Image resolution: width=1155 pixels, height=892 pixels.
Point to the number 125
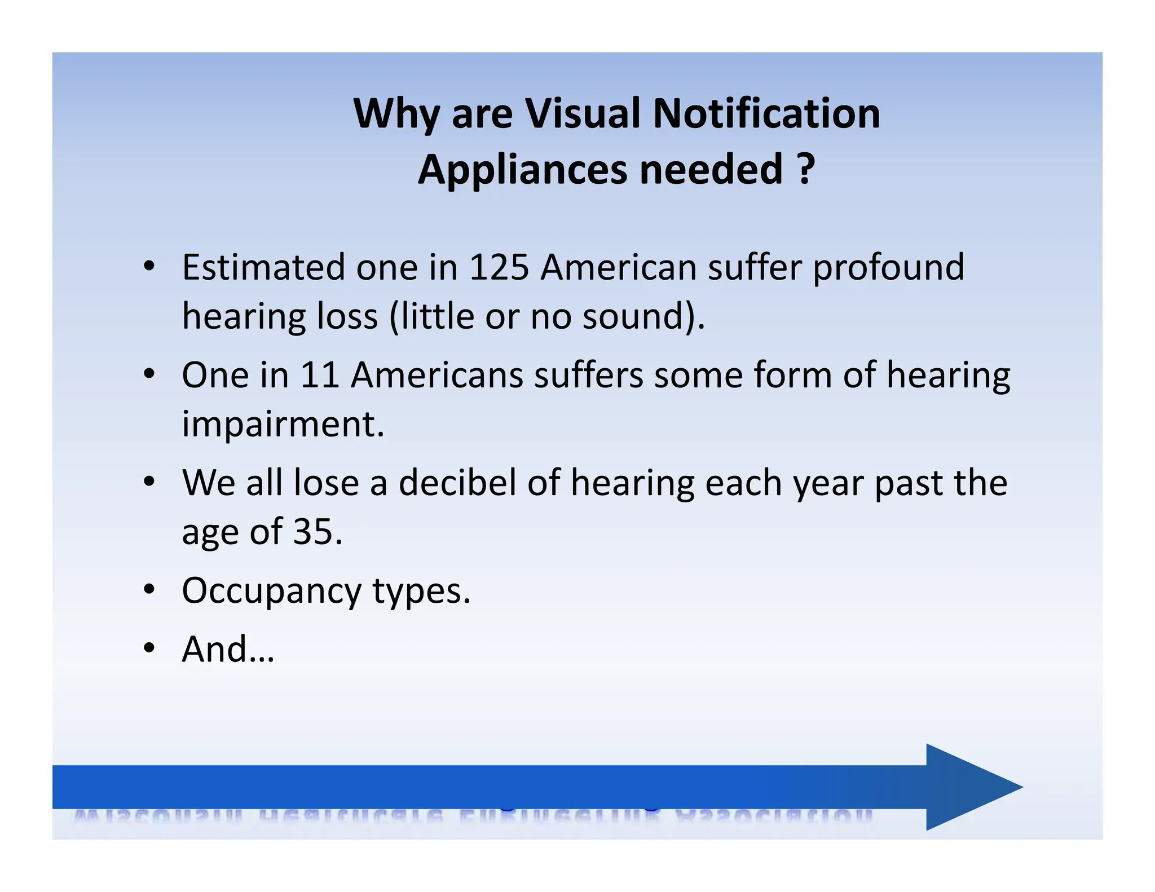[x=499, y=267]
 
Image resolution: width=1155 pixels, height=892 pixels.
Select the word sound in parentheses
[x=633, y=316]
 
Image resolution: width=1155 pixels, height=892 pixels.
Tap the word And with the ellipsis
[x=228, y=650]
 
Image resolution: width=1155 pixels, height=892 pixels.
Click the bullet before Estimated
[x=149, y=266]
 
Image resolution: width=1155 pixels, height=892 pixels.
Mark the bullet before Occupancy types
[x=149, y=590]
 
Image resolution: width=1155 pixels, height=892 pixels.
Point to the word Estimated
[x=263, y=267]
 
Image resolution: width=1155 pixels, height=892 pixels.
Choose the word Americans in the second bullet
[x=437, y=375]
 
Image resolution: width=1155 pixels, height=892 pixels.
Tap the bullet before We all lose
[x=149, y=482]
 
